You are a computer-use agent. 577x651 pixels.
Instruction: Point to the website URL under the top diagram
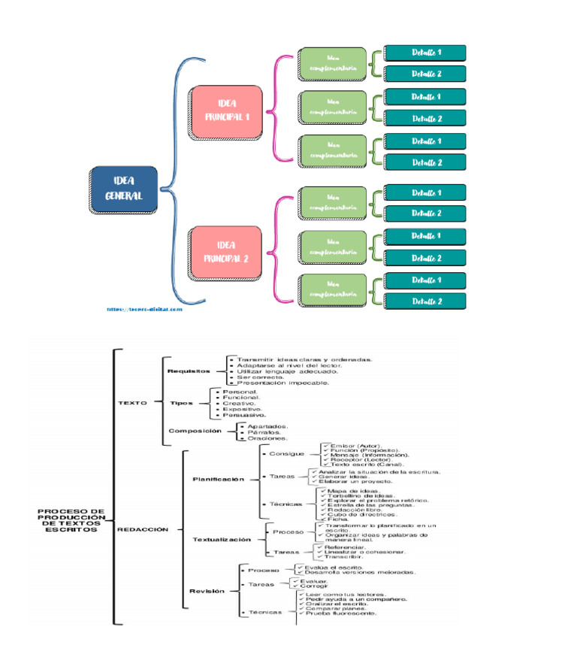coord(144,308)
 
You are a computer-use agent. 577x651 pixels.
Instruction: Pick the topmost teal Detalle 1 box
coord(425,53)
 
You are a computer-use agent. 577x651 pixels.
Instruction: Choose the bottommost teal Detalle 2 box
coord(425,301)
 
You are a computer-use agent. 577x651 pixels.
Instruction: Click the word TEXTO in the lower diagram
coord(132,402)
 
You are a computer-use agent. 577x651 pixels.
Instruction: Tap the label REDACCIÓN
coord(142,528)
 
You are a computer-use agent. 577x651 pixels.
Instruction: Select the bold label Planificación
coord(218,478)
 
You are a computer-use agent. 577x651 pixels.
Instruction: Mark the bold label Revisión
coord(207,591)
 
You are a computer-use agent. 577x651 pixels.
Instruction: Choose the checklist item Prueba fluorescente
coord(341,613)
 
